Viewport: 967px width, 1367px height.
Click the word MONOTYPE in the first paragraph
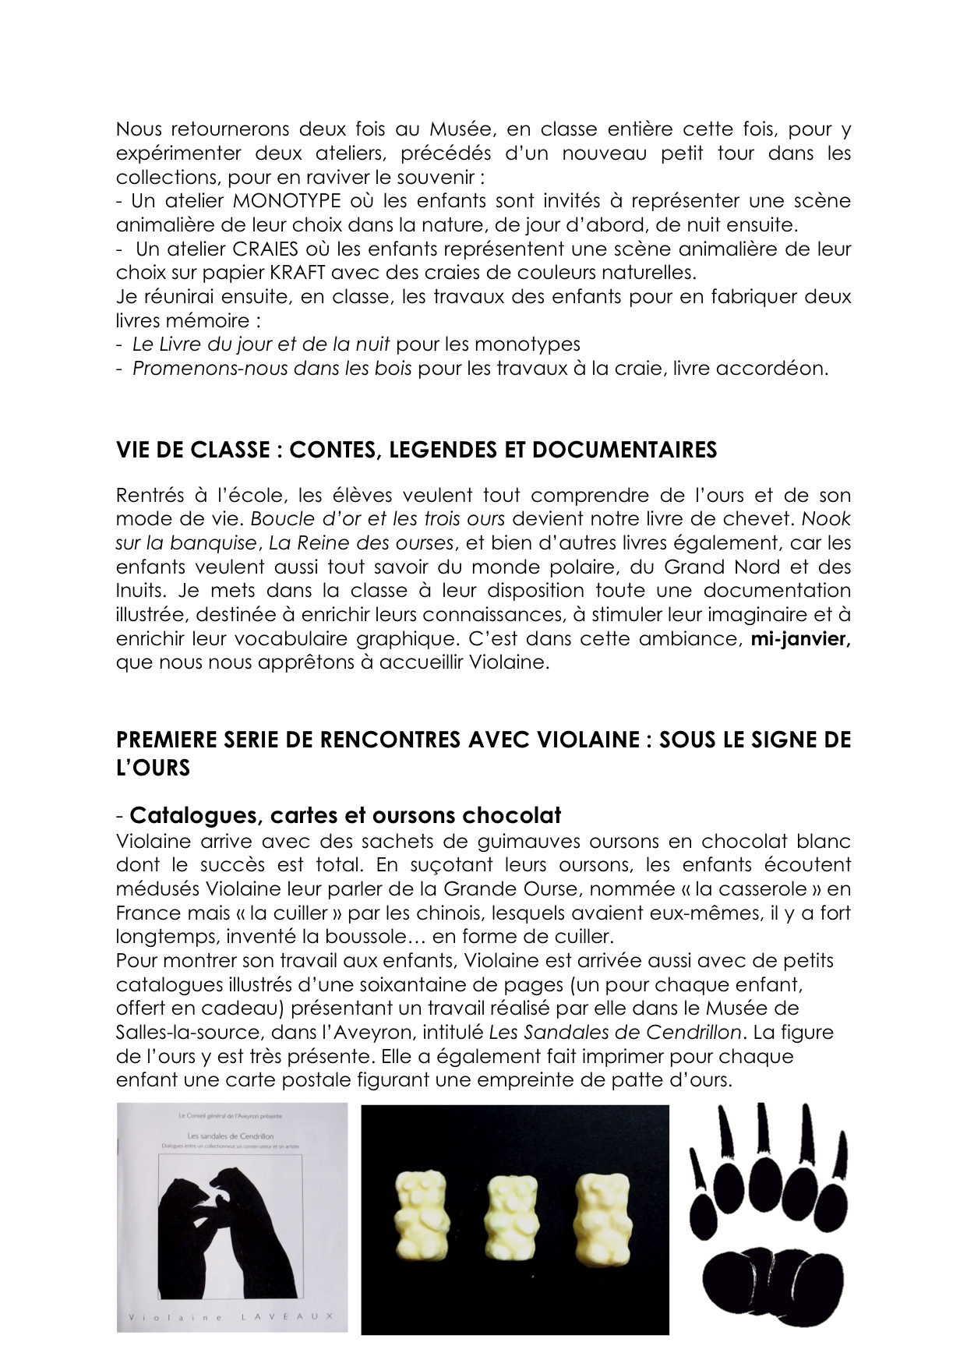283,201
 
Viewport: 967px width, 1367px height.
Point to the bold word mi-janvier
799,639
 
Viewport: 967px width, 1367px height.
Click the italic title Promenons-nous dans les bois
272,369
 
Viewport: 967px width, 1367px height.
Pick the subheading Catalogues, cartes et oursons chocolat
345,815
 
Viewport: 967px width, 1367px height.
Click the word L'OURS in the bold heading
154,768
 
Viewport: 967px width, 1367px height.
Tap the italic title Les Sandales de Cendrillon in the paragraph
615,1033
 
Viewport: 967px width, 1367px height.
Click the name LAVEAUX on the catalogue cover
300,1316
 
